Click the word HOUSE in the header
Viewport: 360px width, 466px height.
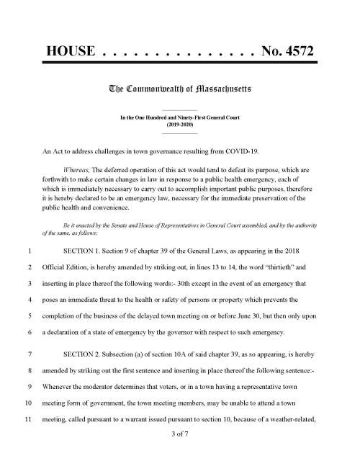click(71, 52)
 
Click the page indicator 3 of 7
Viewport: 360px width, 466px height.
click(180, 434)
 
